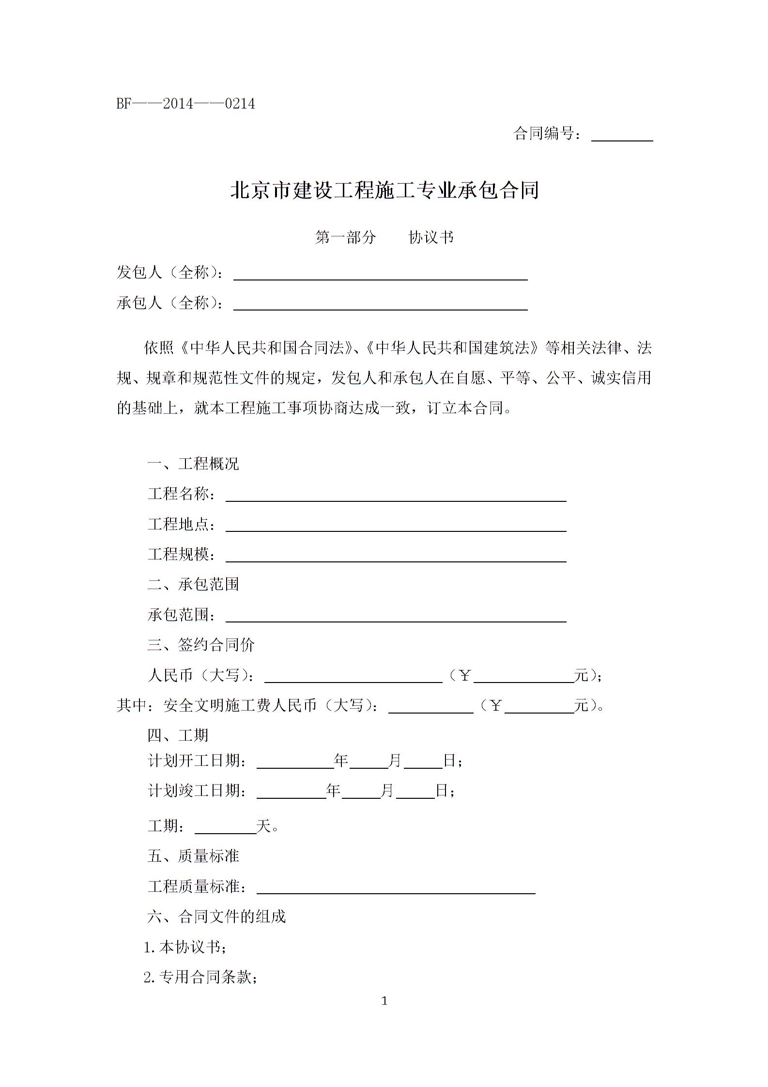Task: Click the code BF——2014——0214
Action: point(185,104)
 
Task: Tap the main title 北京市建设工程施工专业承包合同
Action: point(384,190)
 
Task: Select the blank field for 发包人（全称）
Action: point(381,275)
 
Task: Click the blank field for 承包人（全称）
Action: point(381,305)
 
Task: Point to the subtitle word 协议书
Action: point(431,237)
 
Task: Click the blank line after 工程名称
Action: point(396,496)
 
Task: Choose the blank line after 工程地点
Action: point(396,526)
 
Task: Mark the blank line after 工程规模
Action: point(396,556)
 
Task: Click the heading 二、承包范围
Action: point(193,584)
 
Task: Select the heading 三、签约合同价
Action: point(201,645)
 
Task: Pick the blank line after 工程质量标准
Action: point(396,888)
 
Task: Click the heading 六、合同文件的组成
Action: point(216,916)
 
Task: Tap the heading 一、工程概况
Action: point(193,464)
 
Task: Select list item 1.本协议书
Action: point(185,947)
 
